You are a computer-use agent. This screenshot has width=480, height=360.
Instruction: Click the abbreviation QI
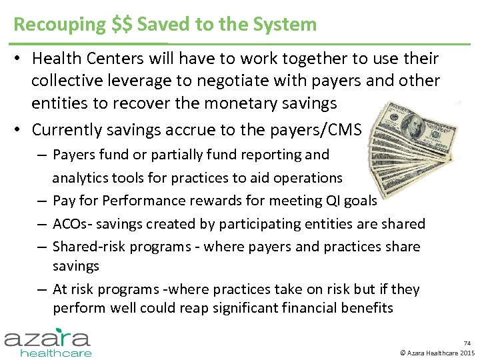(x=331, y=201)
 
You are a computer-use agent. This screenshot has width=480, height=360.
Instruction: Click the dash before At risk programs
(x=41, y=290)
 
